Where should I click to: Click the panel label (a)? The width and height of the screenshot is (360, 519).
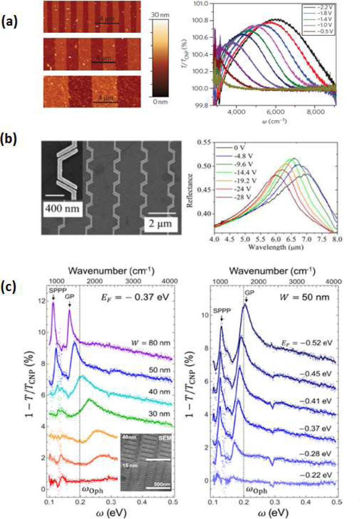point(9,22)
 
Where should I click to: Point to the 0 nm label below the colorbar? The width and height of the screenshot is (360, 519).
point(160,102)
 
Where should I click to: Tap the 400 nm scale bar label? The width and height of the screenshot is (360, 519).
point(62,209)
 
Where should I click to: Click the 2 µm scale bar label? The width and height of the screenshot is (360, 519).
point(161,224)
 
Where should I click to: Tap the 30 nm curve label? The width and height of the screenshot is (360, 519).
point(159,414)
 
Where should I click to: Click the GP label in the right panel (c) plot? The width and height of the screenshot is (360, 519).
point(249,293)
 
